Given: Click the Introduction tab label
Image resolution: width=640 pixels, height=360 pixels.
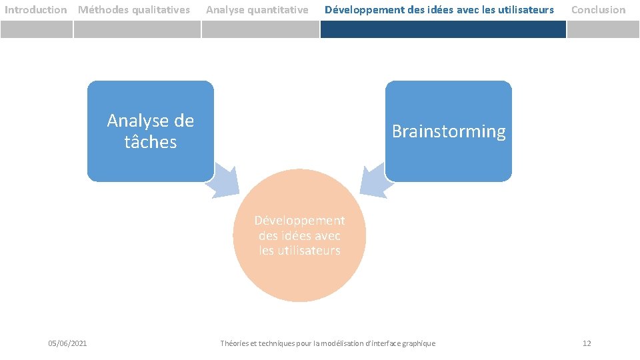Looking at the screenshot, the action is (x=36, y=10).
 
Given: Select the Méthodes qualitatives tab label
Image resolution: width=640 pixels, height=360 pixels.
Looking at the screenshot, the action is (x=134, y=10).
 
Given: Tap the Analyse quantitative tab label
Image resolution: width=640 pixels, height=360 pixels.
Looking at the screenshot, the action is (x=257, y=10).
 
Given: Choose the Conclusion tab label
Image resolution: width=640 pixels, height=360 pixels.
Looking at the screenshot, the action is (x=599, y=10).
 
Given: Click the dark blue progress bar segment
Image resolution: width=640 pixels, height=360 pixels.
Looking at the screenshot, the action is (x=443, y=29).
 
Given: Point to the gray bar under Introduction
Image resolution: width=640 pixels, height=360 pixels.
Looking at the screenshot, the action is (x=36, y=29).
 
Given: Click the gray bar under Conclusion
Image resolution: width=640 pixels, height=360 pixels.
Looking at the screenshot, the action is (x=603, y=29).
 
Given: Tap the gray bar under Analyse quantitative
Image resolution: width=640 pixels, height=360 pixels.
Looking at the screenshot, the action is (x=261, y=29).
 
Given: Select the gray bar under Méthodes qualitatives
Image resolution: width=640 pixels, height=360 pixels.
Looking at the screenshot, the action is (x=137, y=29).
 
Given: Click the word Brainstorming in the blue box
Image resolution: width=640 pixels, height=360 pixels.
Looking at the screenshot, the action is (x=449, y=131).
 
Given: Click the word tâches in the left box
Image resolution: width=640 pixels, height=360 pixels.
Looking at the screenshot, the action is (x=151, y=142).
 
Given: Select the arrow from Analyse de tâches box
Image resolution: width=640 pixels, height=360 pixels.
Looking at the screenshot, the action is (x=221, y=184).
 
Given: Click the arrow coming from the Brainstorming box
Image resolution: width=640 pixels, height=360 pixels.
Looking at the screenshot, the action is (x=373, y=181).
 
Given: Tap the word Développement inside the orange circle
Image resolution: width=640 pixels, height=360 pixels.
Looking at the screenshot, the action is (x=300, y=221).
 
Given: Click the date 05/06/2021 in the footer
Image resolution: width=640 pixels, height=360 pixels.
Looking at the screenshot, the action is (x=67, y=343).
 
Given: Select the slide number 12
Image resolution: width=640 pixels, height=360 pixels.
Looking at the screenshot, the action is (x=587, y=343).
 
